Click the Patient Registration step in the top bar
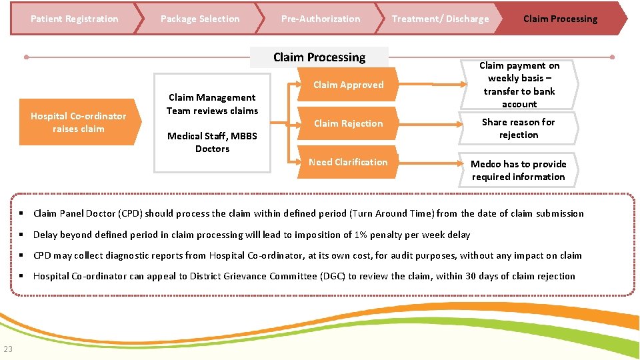[74, 19]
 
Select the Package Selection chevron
[199, 19]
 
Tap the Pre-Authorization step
[320, 19]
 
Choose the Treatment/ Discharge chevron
[440, 19]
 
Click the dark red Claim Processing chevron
[561, 19]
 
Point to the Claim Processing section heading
[319, 57]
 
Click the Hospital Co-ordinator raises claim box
[79, 123]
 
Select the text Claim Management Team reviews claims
[212, 104]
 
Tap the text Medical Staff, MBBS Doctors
[212, 142]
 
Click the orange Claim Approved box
[348, 85]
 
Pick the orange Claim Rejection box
[348, 123]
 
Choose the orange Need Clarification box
[348, 162]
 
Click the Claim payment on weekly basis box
[519, 85]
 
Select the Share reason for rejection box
[518, 128]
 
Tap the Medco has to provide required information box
[518, 171]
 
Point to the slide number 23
[8, 349]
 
